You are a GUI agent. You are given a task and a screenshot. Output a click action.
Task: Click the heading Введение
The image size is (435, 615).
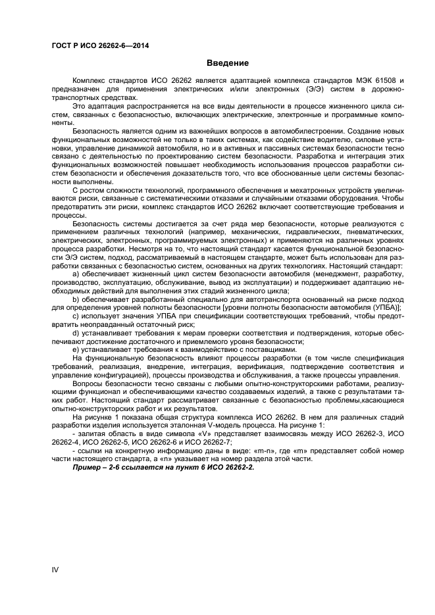point(228,63)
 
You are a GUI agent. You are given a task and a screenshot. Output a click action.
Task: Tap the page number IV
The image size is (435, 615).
point(55,569)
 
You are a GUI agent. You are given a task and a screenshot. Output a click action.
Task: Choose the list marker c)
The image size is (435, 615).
point(75,316)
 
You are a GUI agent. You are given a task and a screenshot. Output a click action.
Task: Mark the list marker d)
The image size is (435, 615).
point(75,333)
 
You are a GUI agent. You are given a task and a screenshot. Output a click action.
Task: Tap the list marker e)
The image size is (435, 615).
point(75,350)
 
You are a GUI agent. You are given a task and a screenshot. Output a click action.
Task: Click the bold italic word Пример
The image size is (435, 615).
point(90,467)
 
